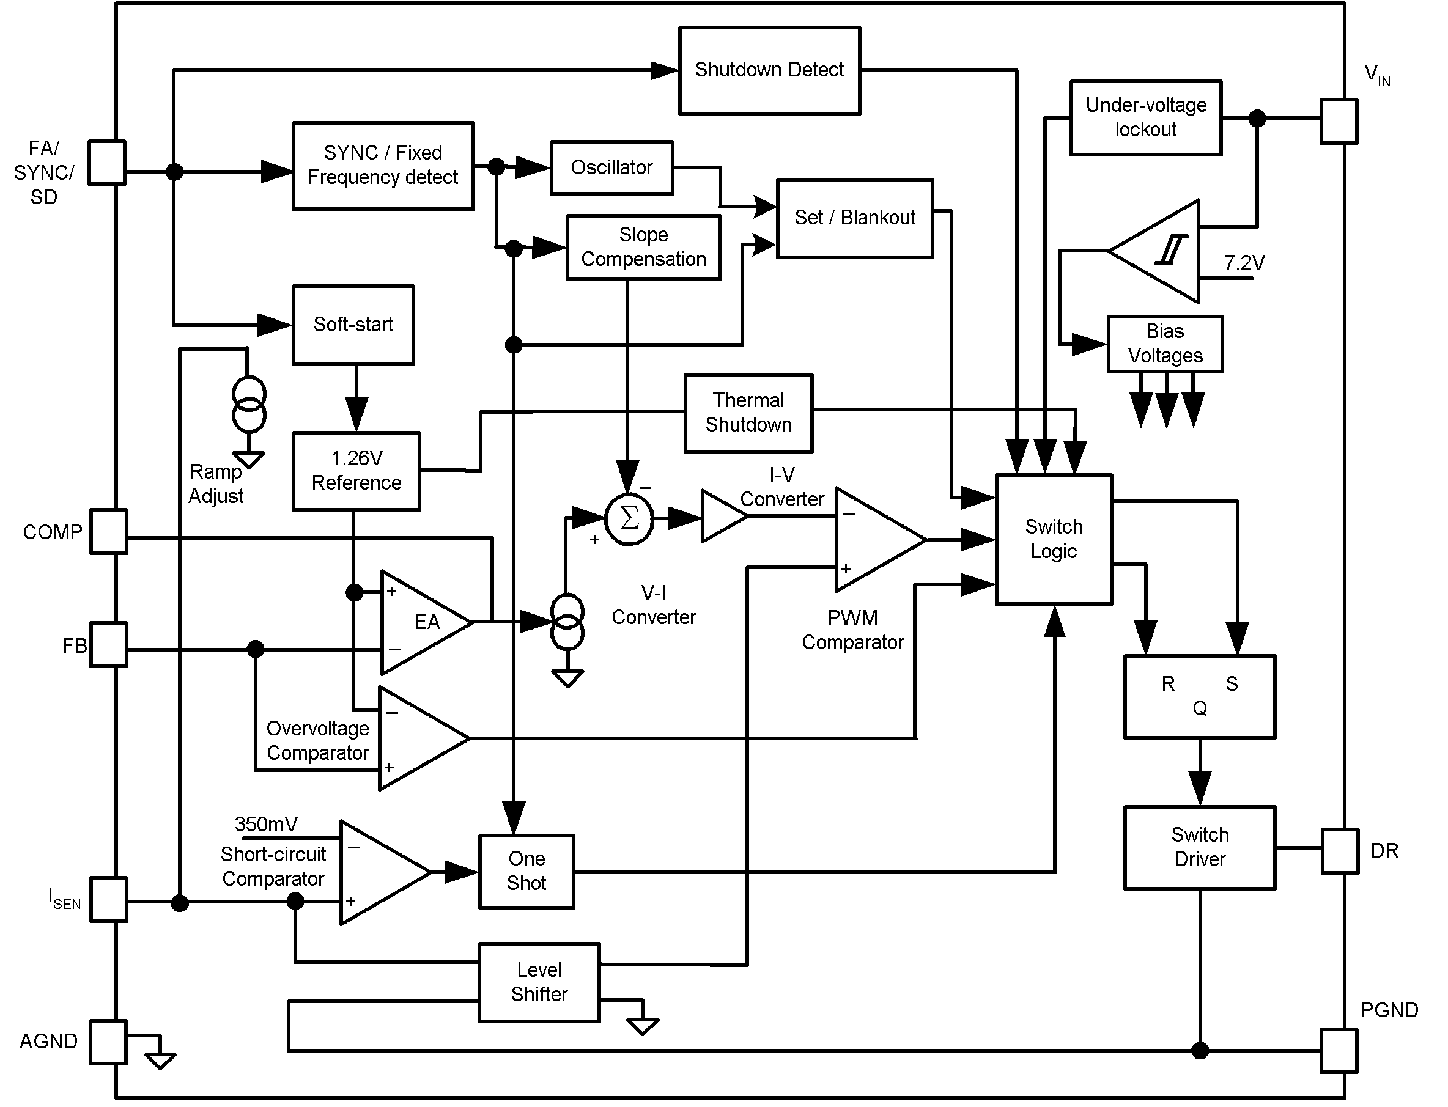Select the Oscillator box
click(611, 167)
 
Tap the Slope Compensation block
click(643, 247)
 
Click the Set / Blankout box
click(855, 218)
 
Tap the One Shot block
click(526, 871)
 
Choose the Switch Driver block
click(1199, 848)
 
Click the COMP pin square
click(109, 531)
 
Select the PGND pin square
click(1339, 1051)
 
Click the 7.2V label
click(1244, 263)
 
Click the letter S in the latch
click(1231, 684)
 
